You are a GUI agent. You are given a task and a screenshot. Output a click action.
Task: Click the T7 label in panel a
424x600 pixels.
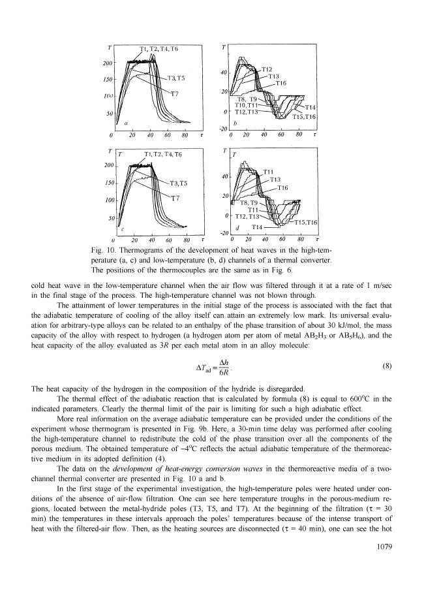tap(175, 93)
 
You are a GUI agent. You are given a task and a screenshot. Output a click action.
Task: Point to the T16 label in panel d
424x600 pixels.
tap(283, 187)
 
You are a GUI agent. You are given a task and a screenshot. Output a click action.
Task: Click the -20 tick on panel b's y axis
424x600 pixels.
tap(222, 129)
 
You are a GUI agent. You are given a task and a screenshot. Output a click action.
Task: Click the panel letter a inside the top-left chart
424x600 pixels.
tap(125, 123)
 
